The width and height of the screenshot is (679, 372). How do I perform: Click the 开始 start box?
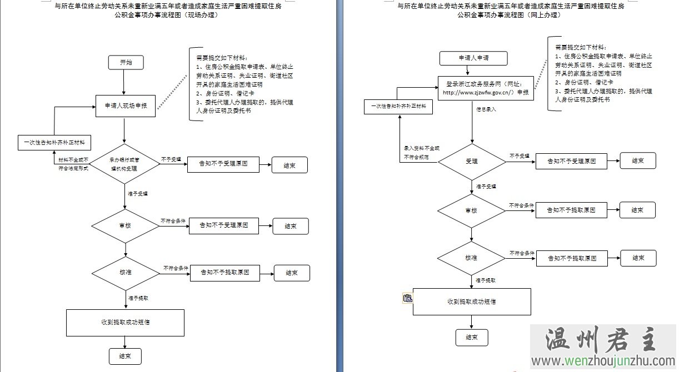[126, 62]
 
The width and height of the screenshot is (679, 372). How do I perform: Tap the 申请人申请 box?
[473, 58]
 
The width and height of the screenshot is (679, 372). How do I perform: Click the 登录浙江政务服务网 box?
[486, 88]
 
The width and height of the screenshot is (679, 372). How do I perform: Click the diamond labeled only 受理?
[472, 161]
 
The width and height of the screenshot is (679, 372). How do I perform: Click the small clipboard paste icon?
[408, 299]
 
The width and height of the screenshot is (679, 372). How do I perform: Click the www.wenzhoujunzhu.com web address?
[603, 362]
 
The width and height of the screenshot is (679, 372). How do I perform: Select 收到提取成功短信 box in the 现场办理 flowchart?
[125, 323]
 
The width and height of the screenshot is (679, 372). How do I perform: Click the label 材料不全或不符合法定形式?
[73, 164]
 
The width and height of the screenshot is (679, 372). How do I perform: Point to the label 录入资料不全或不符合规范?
[421, 153]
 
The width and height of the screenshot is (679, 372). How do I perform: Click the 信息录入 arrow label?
[486, 110]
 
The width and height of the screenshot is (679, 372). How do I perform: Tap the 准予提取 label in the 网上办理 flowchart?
[486, 281]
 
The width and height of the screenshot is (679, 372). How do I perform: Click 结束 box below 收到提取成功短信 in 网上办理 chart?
[472, 337]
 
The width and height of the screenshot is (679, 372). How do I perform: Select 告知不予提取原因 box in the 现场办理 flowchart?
[224, 273]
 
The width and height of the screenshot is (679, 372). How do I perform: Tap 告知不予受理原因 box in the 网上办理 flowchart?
[572, 162]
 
